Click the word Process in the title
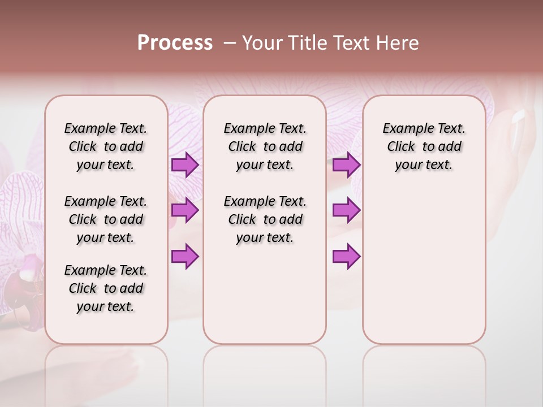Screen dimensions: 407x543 [x=175, y=43]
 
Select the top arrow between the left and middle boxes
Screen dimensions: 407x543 [x=184, y=165]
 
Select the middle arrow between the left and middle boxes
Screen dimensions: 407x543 [x=184, y=210]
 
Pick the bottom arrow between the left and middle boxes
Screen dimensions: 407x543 [x=184, y=256]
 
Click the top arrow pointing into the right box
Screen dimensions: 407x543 [x=346, y=165]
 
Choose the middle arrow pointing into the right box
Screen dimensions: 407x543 [x=346, y=210]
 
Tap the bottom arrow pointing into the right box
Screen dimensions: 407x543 [x=346, y=256]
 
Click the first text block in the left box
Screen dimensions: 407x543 [x=106, y=146]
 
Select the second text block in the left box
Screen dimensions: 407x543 [x=106, y=219]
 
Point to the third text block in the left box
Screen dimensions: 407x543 [x=106, y=288]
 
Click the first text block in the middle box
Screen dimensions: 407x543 [x=265, y=146]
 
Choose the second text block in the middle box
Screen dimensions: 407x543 [x=265, y=219]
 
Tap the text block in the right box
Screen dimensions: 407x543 [x=424, y=146]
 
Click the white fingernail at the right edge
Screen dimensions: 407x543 [x=519, y=117]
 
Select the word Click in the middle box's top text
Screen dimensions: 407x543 [x=242, y=147]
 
